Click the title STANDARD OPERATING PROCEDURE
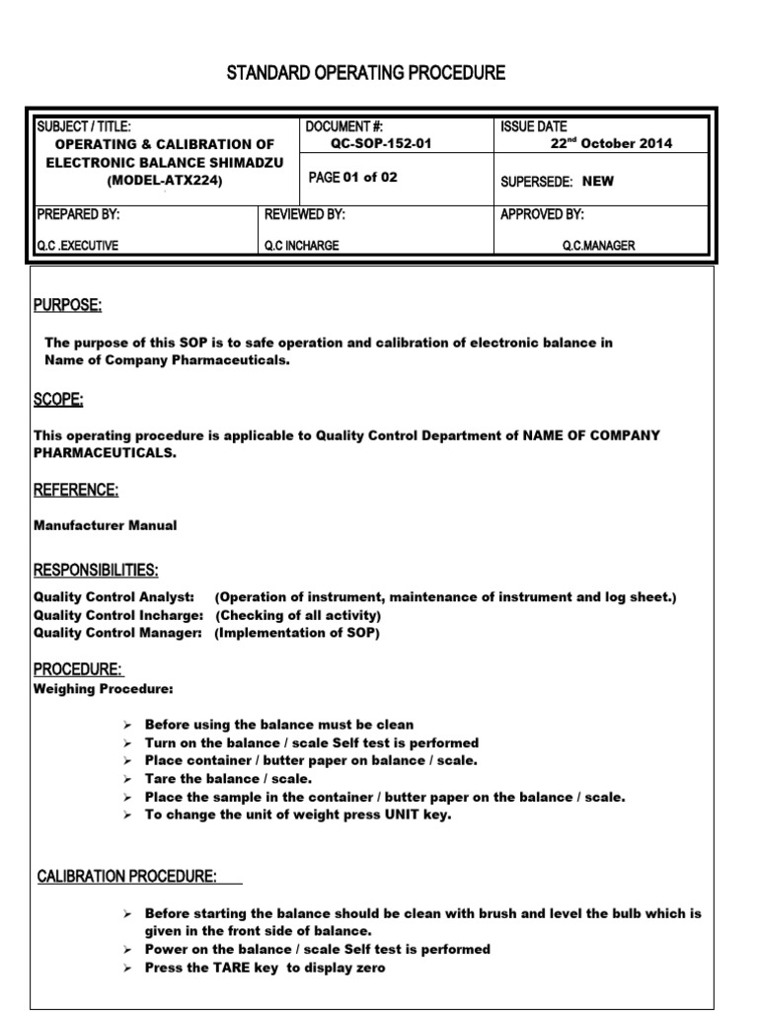366,74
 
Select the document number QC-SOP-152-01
380,143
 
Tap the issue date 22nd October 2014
611,143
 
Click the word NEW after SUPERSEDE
599,182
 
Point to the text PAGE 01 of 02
351,178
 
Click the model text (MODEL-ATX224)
165,181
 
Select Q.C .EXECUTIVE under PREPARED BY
77,246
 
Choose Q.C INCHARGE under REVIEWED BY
301,246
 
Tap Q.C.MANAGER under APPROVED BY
599,246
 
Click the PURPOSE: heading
68,305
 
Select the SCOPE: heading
59,399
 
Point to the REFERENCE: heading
76,490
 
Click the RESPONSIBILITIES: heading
96,571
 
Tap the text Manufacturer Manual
106,525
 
